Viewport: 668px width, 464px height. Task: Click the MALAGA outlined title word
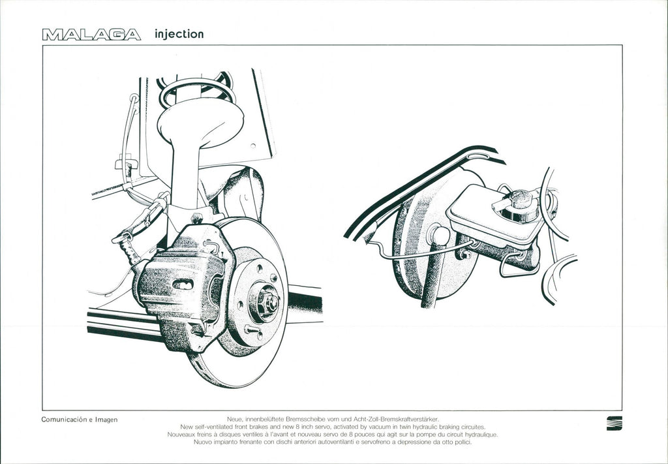(91, 35)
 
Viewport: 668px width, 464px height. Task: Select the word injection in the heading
(179, 34)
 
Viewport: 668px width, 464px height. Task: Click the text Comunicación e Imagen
(79, 420)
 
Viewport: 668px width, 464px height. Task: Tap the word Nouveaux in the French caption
(183, 434)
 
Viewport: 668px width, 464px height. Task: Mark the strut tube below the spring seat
(185, 176)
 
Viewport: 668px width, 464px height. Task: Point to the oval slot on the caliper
(183, 284)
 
